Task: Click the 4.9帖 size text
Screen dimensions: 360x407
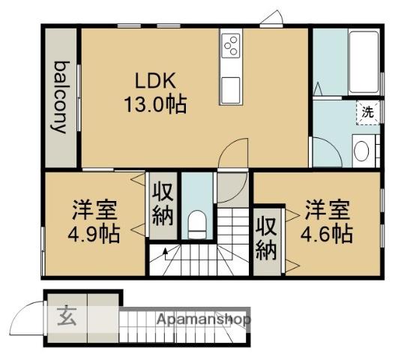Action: point(93,232)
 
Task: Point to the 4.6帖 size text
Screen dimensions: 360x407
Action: point(327,232)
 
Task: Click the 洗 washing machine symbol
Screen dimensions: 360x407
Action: point(368,111)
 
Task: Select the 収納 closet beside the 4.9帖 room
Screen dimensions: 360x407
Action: point(163,205)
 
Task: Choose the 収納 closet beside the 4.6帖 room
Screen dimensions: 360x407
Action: point(265,238)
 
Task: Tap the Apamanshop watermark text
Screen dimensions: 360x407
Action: point(203,319)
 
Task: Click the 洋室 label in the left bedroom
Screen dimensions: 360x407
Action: point(93,208)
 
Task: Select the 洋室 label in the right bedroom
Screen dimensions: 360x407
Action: point(327,208)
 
